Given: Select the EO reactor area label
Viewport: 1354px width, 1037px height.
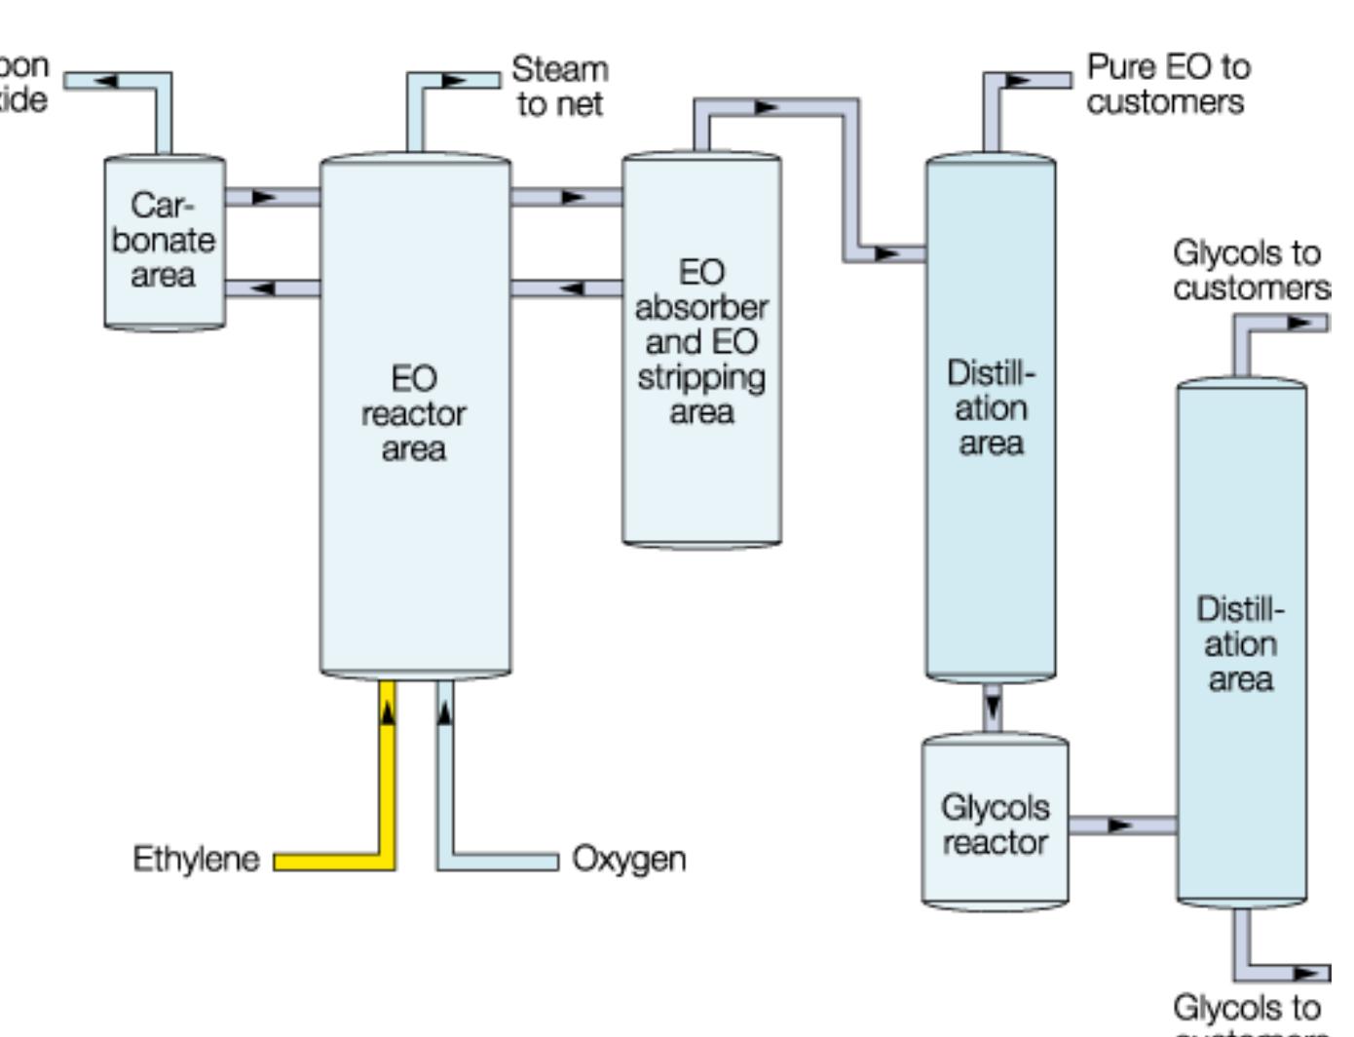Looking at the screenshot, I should tap(413, 413).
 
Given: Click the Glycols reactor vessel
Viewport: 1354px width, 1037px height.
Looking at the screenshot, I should tap(995, 824).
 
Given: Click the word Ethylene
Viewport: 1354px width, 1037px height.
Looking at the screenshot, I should tap(196, 859).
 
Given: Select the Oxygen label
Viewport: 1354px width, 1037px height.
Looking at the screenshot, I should tap(628, 859).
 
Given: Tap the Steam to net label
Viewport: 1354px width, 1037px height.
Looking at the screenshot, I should tap(559, 87).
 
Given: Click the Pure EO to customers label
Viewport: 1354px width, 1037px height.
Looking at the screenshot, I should tap(1167, 85).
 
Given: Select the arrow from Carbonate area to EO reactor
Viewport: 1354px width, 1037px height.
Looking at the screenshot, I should tap(264, 197).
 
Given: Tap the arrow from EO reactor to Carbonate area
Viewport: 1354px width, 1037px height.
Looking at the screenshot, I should tap(263, 288).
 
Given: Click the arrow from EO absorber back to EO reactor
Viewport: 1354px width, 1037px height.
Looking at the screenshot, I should tap(572, 288).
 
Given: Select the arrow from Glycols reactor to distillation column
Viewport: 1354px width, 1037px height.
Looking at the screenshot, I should tap(1120, 826).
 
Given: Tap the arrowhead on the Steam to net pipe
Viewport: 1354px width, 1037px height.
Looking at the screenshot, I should tap(455, 80).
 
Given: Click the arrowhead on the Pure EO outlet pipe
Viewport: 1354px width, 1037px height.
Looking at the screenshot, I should tap(1018, 80).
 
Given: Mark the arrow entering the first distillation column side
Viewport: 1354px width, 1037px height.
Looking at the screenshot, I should tap(886, 253).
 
